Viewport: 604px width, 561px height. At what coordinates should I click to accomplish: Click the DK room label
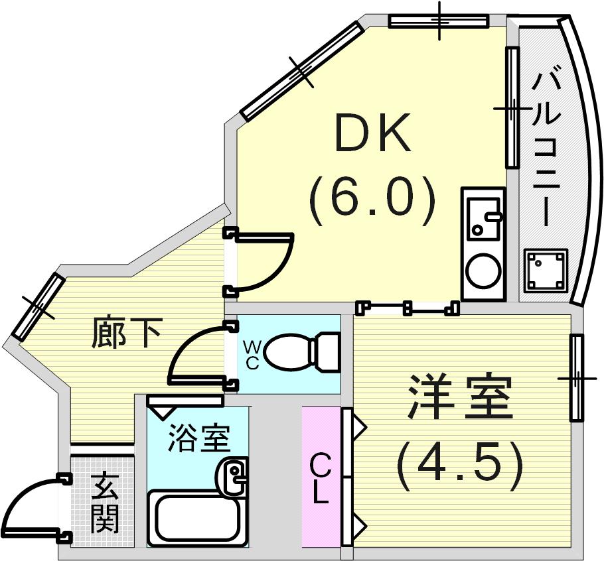coord(372,133)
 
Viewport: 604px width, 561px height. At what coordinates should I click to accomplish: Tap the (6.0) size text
coord(372,202)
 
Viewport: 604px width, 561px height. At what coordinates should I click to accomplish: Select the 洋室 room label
coord(461,397)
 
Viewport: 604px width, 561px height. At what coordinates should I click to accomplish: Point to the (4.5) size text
coord(460,466)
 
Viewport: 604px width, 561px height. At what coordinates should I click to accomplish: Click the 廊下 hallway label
coord(126,333)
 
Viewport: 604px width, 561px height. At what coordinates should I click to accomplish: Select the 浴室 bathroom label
coord(198,438)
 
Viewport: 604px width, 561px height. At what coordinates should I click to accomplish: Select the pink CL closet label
coord(321,479)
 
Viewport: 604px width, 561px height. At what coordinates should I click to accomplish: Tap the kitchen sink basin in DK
coord(484,219)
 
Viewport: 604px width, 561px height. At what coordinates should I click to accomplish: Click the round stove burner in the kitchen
coord(484,270)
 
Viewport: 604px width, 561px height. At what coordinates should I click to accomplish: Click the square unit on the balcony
coord(546,270)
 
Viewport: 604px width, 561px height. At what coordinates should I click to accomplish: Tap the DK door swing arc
coord(277,269)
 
